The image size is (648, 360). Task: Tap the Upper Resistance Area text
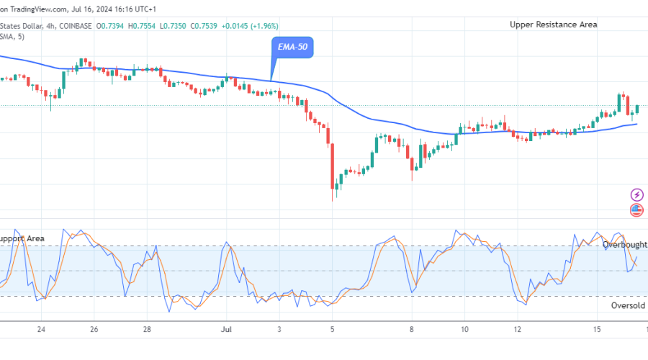553,24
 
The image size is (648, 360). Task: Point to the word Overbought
624,245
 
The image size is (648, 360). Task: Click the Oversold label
629,305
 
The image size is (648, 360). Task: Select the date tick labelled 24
42,329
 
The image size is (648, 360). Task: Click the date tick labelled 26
94,329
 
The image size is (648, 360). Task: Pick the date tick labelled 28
147,329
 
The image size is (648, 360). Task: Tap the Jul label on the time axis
225,329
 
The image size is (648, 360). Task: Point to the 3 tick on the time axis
279,329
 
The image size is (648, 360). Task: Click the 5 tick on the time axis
332,329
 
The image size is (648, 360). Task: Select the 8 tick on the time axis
412,329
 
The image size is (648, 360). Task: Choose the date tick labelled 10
465,329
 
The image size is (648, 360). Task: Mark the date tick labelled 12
518,329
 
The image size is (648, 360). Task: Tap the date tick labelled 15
597,329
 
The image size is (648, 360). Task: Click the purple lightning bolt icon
636,194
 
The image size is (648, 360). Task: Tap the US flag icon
636,210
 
